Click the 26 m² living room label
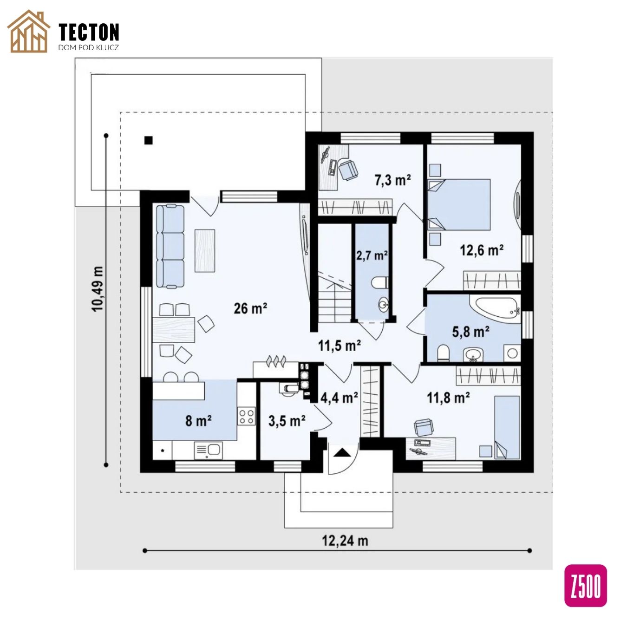[250, 308]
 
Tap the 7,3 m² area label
[393, 180]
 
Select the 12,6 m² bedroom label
[482, 250]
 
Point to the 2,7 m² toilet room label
[372, 256]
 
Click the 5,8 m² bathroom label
[470, 332]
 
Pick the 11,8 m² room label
[448, 398]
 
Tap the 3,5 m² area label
[287, 421]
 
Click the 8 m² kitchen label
[198, 421]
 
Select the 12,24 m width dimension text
[345, 541]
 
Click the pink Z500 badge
[585, 586]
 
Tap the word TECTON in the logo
[89, 32]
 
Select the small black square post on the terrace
[149, 140]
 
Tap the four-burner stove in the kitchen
[246, 417]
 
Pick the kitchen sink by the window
[208, 451]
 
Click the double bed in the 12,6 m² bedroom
[459, 205]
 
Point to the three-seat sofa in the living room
[170, 246]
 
